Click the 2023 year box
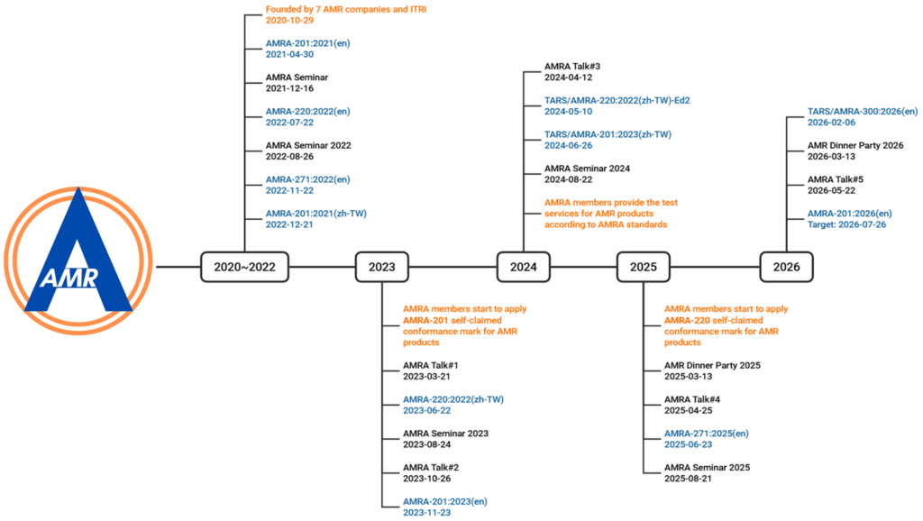pyautogui.click(x=381, y=267)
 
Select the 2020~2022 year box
pyautogui.click(x=244, y=267)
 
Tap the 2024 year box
pyautogui.click(x=524, y=267)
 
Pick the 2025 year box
pyautogui.click(x=643, y=267)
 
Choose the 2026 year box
pyautogui.click(x=786, y=267)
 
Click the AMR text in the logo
pyautogui.click(x=69, y=277)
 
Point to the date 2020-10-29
pyautogui.click(x=289, y=20)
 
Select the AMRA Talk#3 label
pyautogui.click(x=572, y=67)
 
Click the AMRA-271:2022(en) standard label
pyautogui.click(x=308, y=179)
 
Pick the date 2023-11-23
pyautogui.click(x=426, y=513)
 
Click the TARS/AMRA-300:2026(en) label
pyautogui.click(x=863, y=111)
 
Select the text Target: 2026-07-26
pyautogui.click(x=846, y=224)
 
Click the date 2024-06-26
pyautogui.click(x=568, y=145)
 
